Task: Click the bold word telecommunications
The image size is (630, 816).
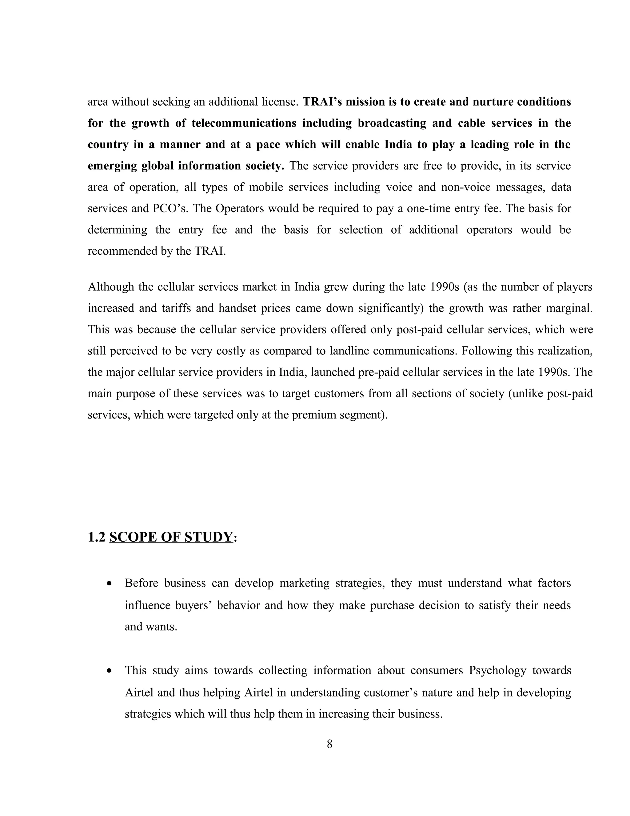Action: click(x=244, y=123)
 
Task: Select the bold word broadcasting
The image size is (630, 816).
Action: click(x=392, y=123)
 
